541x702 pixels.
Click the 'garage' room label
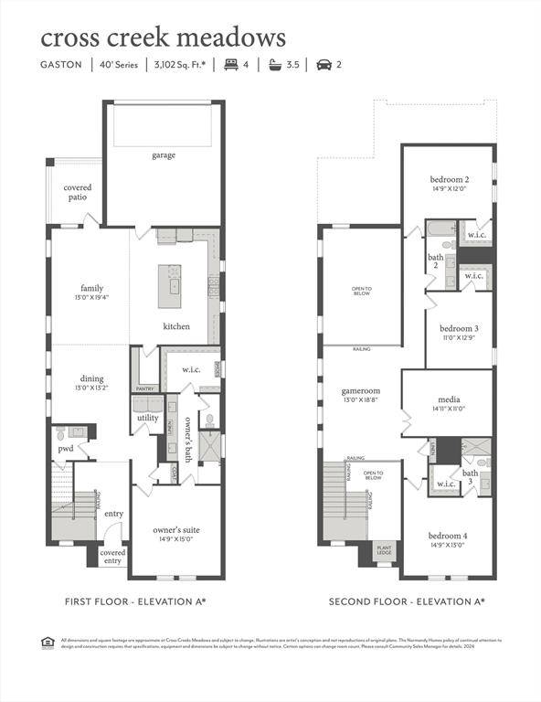(164, 155)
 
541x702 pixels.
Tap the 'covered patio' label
(77, 192)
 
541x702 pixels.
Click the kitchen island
(170, 285)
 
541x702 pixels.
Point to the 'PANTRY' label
(144, 388)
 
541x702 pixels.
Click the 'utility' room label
(148, 417)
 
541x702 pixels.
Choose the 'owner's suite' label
(175, 530)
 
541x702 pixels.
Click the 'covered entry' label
(112, 557)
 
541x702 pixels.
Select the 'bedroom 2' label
(449, 180)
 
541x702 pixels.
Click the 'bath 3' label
(470, 478)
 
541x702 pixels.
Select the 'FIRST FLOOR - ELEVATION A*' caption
(135, 601)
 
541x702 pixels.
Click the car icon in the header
(323, 65)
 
